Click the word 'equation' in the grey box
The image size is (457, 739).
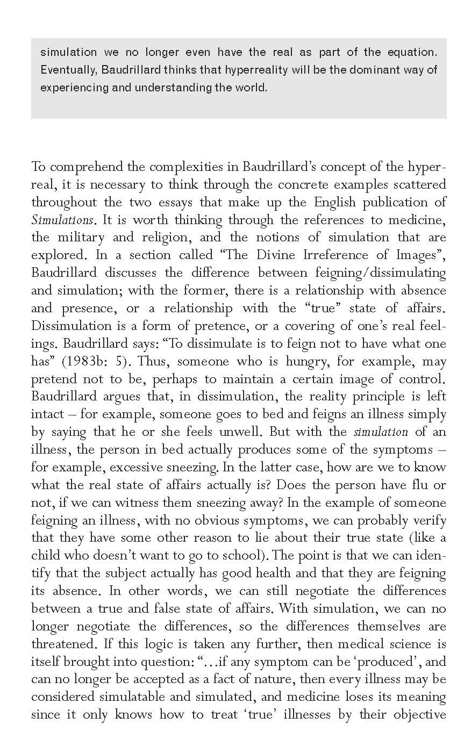coord(411,52)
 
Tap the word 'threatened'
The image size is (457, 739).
coord(63,644)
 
